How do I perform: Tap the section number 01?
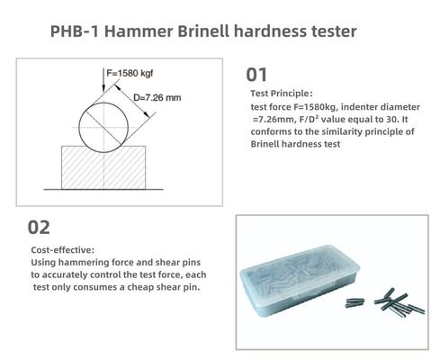click(256, 74)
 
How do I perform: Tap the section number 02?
click(40, 227)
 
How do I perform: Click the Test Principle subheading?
click(281, 94)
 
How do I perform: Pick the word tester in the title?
click(330, 31)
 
